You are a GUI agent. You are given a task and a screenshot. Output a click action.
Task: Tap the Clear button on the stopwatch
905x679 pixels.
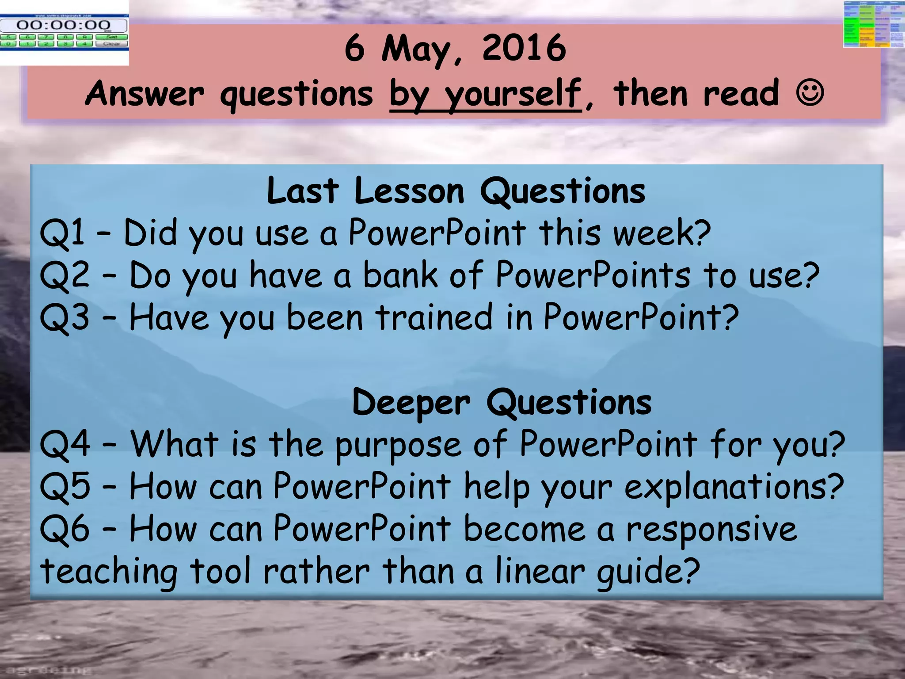pos(112,44)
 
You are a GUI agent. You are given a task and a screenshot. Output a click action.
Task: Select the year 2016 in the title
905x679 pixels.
pos(524,48)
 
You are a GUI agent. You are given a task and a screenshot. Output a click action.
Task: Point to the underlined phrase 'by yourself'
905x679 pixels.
pos(485,94)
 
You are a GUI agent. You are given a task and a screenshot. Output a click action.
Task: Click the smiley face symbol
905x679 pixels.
pos(810,92)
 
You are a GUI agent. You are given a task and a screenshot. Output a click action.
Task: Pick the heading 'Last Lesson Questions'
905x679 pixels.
pos(456,191)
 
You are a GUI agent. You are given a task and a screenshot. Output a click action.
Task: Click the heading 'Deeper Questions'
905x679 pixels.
pos(502,402)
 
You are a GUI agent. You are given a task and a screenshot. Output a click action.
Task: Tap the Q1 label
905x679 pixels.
pos(62,233)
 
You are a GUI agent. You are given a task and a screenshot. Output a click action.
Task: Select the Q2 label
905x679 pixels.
pos(65,275)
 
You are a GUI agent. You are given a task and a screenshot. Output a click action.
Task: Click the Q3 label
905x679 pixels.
pos(65,317)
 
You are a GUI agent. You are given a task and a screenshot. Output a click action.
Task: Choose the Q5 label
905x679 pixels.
pos(65,487)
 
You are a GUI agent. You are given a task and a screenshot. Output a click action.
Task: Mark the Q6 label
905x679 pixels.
pos(65,529)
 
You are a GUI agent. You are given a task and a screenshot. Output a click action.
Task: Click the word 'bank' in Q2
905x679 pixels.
pos(400,275)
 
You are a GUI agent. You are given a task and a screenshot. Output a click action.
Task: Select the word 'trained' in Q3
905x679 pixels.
pos(434,317)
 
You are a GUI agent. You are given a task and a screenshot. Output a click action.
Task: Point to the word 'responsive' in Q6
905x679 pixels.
pos(711,530)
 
